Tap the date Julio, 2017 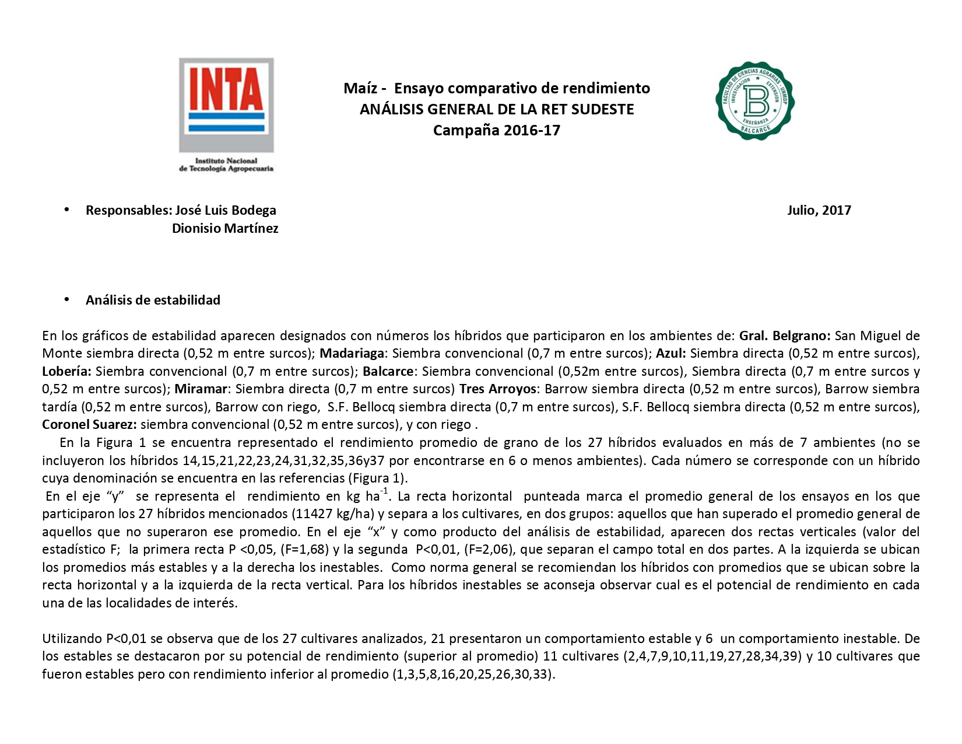819,210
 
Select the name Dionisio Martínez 225,228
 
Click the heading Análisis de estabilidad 153,300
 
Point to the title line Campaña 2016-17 496,130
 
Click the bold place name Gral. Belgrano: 785,336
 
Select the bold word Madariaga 352,354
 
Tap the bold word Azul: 670,354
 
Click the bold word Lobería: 66,371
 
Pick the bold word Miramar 201,389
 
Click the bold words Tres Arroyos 497,389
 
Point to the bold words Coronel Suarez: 89,424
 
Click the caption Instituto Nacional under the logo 226,160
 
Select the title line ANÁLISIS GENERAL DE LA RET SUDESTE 496,109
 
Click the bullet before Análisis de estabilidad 67,299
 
